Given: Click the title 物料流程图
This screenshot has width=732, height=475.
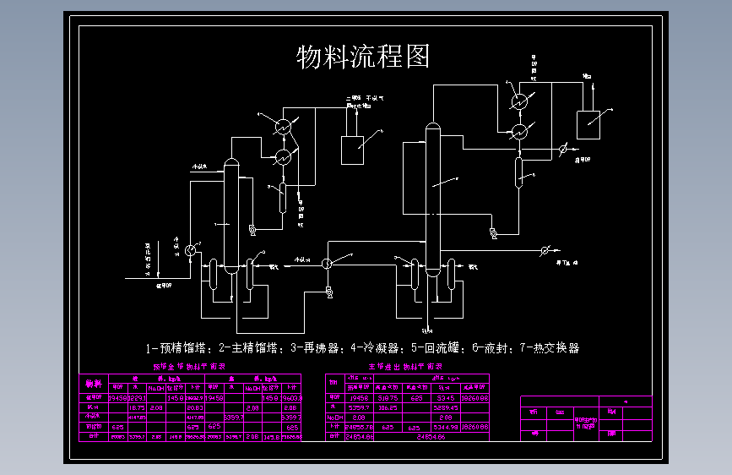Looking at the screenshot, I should coord(364,57).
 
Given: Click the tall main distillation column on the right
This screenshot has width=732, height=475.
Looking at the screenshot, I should coord(432,203).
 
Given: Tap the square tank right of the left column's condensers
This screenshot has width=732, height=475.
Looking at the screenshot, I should coord(351,149).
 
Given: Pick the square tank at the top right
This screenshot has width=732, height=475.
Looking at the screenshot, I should coord(588,123).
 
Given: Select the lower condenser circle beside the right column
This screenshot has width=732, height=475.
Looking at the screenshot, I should coord(520,132).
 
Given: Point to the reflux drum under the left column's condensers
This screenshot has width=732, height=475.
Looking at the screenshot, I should coord(283,198).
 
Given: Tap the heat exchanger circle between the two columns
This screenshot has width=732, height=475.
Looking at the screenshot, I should coord(328,263).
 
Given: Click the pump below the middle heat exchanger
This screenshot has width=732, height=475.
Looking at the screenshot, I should coord(328,292).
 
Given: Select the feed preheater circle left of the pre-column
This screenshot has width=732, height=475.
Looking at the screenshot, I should coord(190,248).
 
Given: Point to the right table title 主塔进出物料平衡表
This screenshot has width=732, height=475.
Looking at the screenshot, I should coord(406,368).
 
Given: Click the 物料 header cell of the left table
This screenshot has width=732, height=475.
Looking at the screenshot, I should coord(93,384).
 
